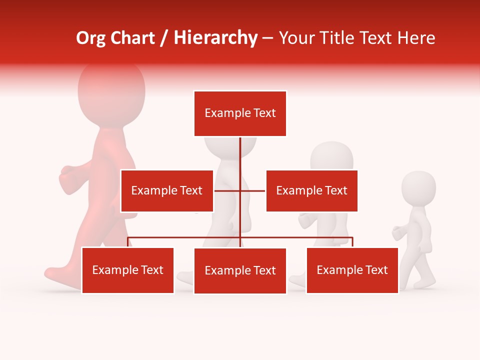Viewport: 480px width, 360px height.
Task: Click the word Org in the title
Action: coord(91,38)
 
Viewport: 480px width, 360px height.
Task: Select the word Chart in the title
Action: coord(130,38)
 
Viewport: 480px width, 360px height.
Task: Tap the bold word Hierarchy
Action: coord(215,38)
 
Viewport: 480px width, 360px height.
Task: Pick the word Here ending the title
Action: coord(416,38)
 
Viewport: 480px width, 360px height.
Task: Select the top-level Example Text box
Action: coord(240,113)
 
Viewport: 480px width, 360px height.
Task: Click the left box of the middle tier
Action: coord(167,191)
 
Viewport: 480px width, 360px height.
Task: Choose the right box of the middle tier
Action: coord(311,191)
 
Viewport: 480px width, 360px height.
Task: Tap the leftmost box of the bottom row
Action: coord(128,270)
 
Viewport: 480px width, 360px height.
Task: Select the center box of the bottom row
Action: coord(240,271)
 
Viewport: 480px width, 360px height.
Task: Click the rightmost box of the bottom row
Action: coord(352,270)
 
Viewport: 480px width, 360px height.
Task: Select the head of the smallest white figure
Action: coord(418,187)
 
